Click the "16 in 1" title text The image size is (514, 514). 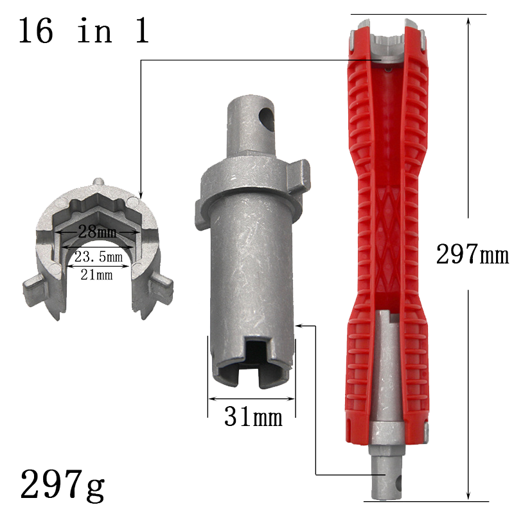84,30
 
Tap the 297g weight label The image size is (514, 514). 62,484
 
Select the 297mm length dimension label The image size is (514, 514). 472,254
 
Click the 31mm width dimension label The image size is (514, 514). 253,416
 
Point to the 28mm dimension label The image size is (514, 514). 97,232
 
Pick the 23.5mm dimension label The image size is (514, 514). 98,256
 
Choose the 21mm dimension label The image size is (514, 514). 96,274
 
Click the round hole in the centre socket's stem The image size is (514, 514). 267,119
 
